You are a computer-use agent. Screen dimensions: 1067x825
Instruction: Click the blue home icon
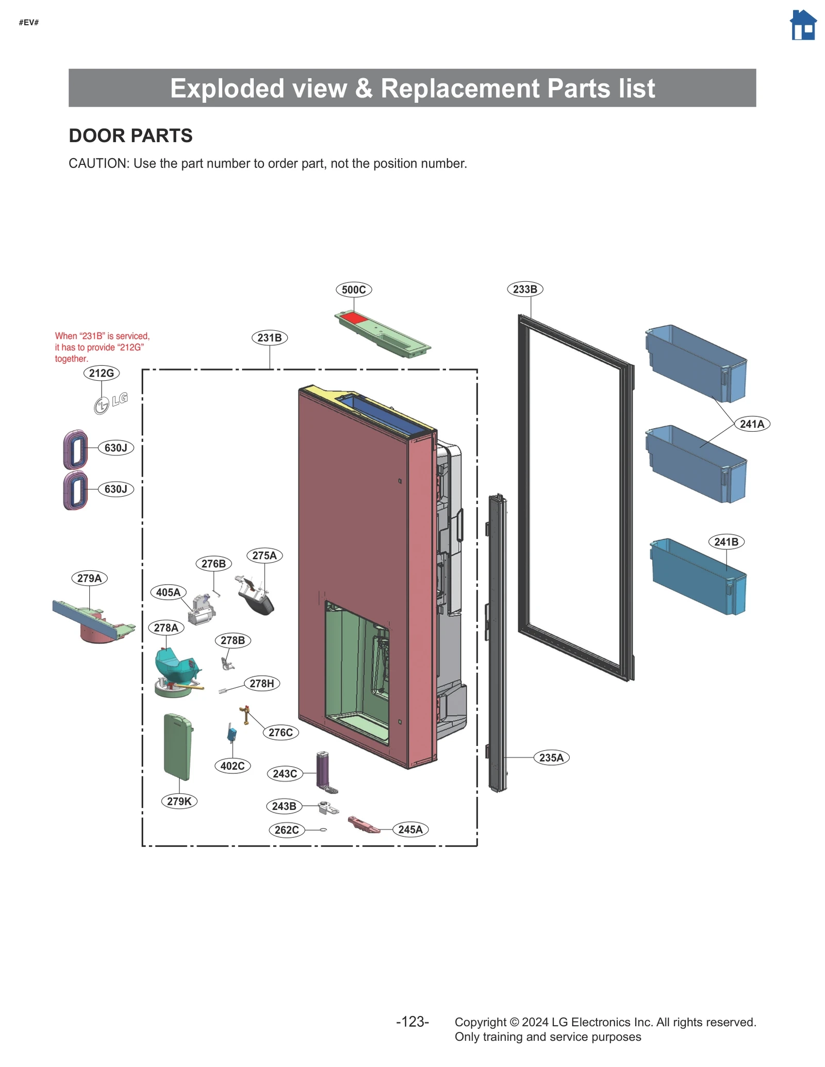click(803, 25)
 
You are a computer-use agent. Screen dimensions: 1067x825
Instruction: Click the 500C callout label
click(354, 290)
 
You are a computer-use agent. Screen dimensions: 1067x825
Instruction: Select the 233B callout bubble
click(525, 289)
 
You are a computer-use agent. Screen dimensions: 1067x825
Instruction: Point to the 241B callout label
click(726, 542)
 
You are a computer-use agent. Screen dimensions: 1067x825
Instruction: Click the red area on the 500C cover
click(354, 318)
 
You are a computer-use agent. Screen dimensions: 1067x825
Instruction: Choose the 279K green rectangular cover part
click(178, 747)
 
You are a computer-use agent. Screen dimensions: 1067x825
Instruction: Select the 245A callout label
click(410, 829)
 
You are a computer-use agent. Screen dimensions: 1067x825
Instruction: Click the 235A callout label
click(551, 758)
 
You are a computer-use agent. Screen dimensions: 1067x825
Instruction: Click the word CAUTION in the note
click(98, 163)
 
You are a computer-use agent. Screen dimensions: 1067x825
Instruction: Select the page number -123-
click(412, 1022)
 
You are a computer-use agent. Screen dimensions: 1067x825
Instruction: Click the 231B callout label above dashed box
click(270, 338)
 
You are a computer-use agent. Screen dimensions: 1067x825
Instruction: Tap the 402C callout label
click(232, 766)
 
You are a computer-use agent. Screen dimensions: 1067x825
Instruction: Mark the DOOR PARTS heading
click(130, 136)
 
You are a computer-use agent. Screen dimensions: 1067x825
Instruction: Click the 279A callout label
click(89, 578)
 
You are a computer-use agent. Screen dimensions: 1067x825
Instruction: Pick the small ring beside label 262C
click(323, 829)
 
